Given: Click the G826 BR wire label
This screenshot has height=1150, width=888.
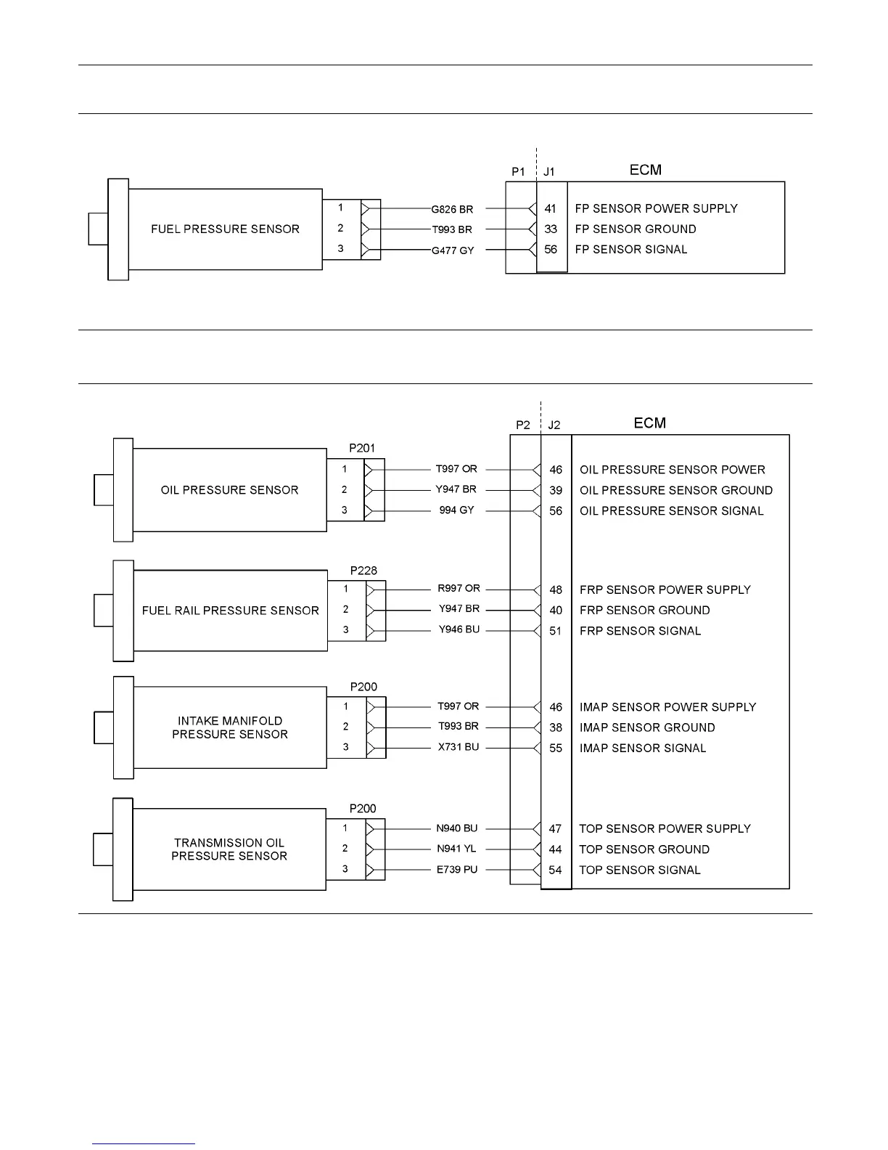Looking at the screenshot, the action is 452,209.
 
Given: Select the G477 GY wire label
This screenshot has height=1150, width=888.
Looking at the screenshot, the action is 452,250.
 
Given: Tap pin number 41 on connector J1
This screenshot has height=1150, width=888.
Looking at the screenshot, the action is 551,208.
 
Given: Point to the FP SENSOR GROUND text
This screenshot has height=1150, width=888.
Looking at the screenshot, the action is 636,229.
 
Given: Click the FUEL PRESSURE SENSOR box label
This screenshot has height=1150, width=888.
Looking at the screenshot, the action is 225,229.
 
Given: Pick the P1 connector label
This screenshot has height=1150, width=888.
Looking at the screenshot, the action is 518,172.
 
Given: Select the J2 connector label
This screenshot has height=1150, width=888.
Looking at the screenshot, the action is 554,425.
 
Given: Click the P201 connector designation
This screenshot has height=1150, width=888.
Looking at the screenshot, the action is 363,448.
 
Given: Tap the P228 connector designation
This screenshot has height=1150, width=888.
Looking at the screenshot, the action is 363,571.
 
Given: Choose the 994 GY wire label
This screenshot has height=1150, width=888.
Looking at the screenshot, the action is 456,510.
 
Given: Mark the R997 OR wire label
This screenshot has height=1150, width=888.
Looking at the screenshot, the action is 459,589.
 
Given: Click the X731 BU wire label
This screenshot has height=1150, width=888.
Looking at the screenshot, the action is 459,747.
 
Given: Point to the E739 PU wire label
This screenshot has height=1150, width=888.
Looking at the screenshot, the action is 457,869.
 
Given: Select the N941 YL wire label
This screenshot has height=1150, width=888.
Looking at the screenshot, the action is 456,849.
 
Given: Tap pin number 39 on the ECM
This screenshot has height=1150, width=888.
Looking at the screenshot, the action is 556,490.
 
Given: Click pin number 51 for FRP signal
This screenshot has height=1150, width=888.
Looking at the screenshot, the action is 556,631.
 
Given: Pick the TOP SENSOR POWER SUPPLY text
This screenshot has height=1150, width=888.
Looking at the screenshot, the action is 665,828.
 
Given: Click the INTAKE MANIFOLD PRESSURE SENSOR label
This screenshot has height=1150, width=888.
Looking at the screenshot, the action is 230,727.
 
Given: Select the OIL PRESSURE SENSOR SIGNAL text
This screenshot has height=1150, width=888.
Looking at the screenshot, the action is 671,510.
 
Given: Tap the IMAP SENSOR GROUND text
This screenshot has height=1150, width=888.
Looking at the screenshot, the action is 647,727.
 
